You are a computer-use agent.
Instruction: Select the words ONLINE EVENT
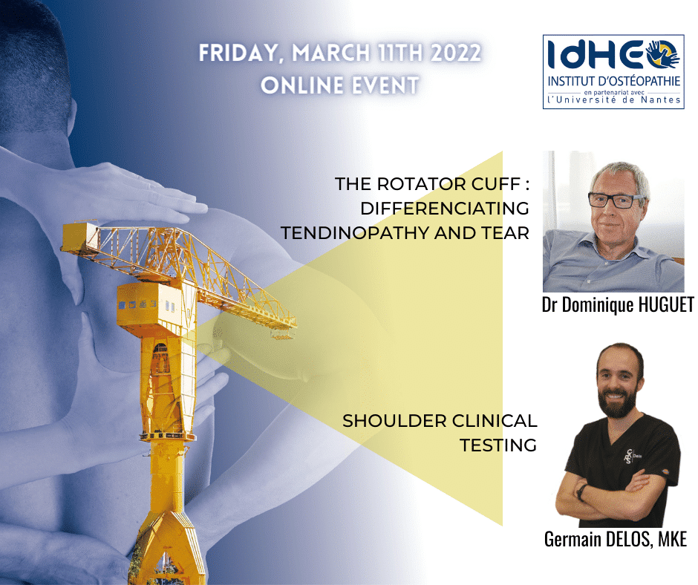339,85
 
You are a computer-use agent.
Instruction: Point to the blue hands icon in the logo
663,54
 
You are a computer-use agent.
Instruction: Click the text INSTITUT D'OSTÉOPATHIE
614,82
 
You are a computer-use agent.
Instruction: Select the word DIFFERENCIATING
445,209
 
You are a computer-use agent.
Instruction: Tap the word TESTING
498,445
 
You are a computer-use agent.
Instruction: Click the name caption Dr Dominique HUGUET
618,305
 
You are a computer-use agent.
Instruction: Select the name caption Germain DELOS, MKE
616,539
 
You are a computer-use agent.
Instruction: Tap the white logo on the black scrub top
628,457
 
